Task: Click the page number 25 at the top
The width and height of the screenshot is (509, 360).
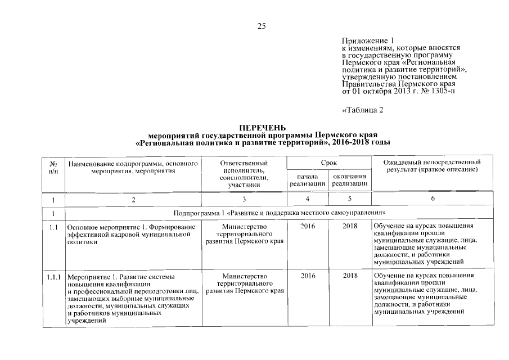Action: (x=261, y=26)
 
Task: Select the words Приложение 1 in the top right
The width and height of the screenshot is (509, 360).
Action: (x=364, y=40)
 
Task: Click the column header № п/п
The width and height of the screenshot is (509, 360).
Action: (x=53, y=166)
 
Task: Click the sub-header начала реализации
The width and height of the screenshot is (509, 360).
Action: (x=307, y=180)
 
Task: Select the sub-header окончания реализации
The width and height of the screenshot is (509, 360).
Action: (x=350, y=180)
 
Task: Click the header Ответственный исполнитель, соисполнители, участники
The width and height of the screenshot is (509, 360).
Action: (x=245, y=173)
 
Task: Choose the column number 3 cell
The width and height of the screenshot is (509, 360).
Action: (x=245, y=199)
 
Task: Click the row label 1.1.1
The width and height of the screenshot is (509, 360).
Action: (x=54, y=277)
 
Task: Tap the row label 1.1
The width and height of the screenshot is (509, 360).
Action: (x=52, y=227)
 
